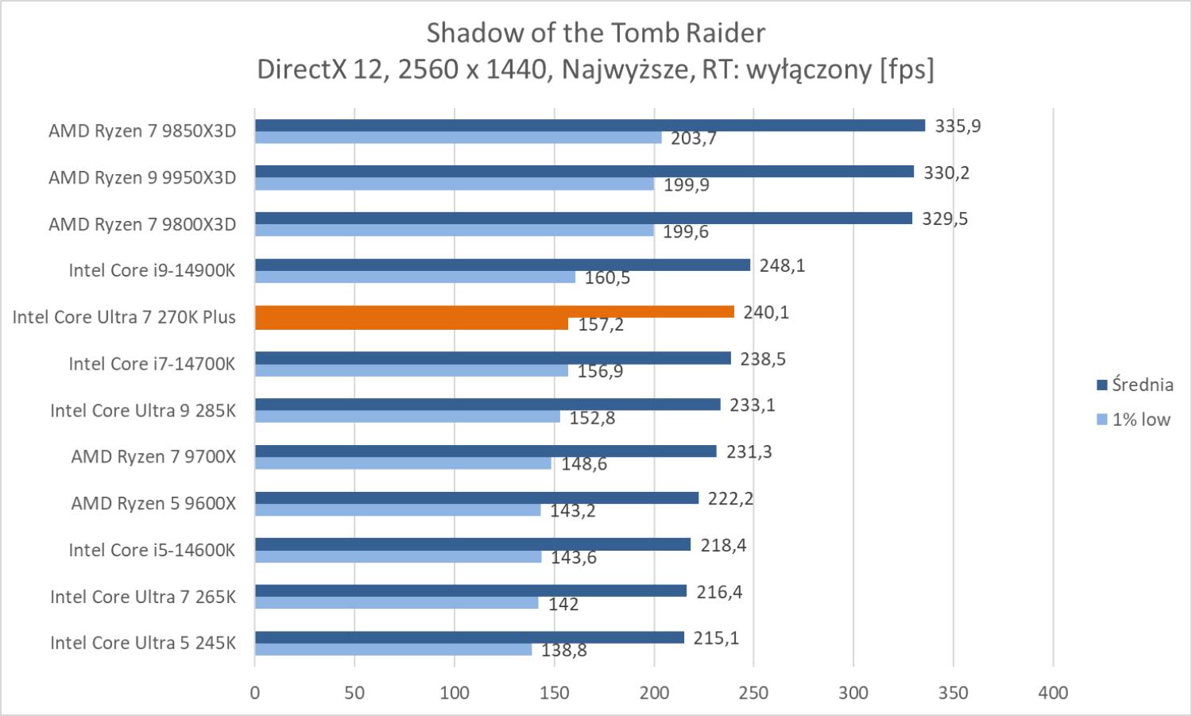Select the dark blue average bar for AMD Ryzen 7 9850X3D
(x=590, y=126)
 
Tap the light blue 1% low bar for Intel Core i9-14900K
(x=415, y=277)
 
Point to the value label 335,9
(x=958, y=126)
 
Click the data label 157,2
(x=601, y=325)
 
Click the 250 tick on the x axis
(x=753, y=693)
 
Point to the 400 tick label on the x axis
(x=1053, y=693)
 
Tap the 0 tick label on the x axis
(x=255, y=693)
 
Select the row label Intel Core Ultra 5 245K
(x=143, y=643)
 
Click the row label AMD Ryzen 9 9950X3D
(x=142, y=177)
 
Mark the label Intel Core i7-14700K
(x=152, y=364)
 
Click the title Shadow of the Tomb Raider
(x=595, y=33)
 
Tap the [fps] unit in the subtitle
(x=906, y=70)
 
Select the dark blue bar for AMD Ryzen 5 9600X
(x=477, y=498)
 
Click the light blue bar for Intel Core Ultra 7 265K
(x=397, y=603)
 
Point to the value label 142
(x=563, y=605)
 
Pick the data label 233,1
(x=753, y=405)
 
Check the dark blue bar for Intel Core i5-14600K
(x=473, y=544)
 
